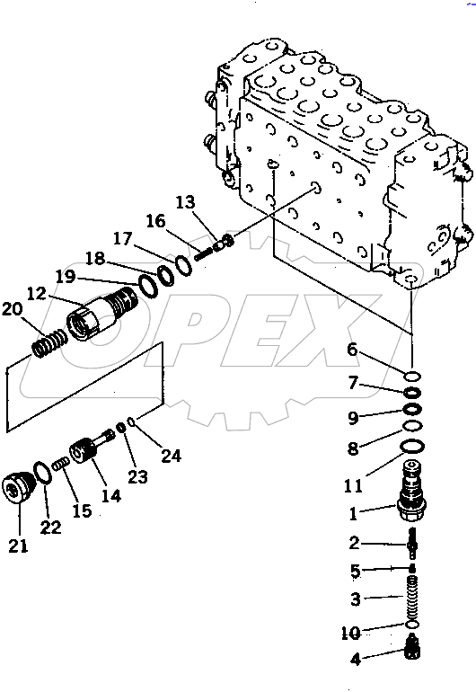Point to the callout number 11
tap(354, 486)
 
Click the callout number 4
tap(356, 660)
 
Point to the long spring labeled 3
tap(412, 595)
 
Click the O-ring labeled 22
tap(42, 473)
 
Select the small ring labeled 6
tap(411, 376)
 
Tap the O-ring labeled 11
tap(411, 447)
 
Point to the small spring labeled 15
tap(60, 465)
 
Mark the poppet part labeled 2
tap(412, 543)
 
